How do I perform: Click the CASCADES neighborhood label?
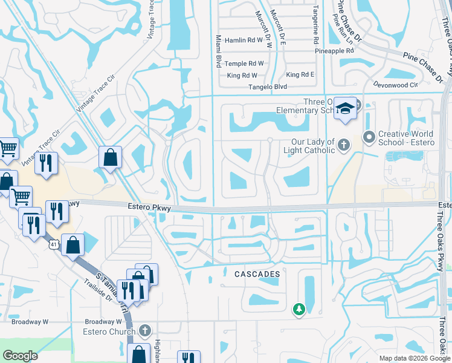[257, 274]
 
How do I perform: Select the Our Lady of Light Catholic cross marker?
[343, 145]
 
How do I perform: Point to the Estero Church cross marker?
[144, 331]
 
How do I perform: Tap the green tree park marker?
[299, 309]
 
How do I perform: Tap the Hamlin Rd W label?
[244, 40]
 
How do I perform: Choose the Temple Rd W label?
[244, 64]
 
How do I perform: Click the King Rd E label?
[300, 74]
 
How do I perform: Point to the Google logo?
[20, 356]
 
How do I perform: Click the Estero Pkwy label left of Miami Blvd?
[150, 208]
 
